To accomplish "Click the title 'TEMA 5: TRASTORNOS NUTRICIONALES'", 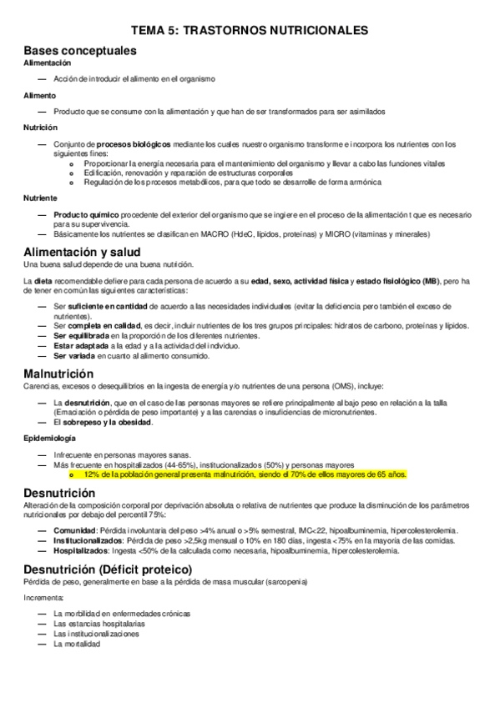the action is [250, 30].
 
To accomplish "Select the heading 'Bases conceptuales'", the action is [80, 50].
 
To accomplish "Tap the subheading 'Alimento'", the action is [40, 95].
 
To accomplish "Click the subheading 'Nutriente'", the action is [41, 198].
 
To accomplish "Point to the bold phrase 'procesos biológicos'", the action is [133, 143].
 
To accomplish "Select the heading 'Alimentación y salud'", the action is [93, 252].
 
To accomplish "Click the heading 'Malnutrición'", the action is [58, 373].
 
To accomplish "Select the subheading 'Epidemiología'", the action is [50, 437].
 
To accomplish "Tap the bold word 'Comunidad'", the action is [74, 530].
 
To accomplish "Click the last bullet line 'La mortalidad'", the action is [77, 644].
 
